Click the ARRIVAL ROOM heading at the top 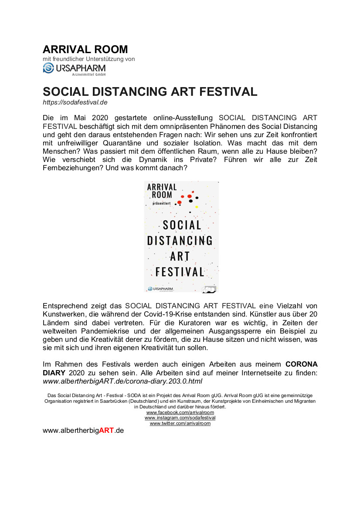(85, 49)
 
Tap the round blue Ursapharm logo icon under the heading (48, 68)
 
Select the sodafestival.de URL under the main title (75, 102)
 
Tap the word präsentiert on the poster (162, 203)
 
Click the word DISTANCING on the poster (180, 240)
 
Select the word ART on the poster (180, 256)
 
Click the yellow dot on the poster (197, 206)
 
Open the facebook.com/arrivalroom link (180, 412)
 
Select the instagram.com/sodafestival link (180, 418)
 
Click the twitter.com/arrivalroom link (180, 423)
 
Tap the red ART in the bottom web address (106, 430)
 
